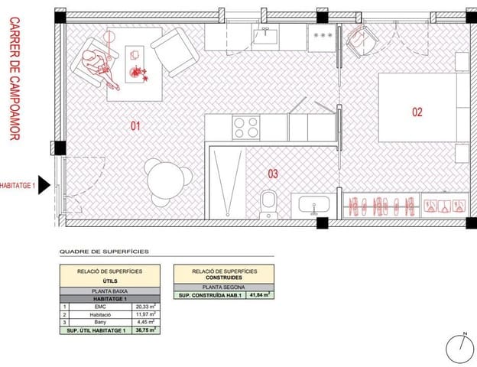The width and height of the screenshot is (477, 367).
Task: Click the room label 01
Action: (x=135, y=125)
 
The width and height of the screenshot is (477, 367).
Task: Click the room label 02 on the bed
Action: (x=417, y=112)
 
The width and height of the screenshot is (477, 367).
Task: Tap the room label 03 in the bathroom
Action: (x=273, y=174)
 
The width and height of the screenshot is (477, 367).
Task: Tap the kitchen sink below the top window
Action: (x=266, y=35)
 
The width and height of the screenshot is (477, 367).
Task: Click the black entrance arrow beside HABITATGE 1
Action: (x=44, y=185)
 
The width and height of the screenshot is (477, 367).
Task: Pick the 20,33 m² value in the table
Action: (x=145, y=306)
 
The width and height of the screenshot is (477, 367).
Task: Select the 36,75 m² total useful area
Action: (x=145, y=330)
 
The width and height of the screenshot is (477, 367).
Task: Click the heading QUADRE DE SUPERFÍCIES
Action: (x=104, y=251)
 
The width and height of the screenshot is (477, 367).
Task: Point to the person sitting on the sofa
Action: (x=94, y=63)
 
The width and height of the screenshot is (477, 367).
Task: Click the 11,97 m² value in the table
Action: (x=145, y=314)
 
